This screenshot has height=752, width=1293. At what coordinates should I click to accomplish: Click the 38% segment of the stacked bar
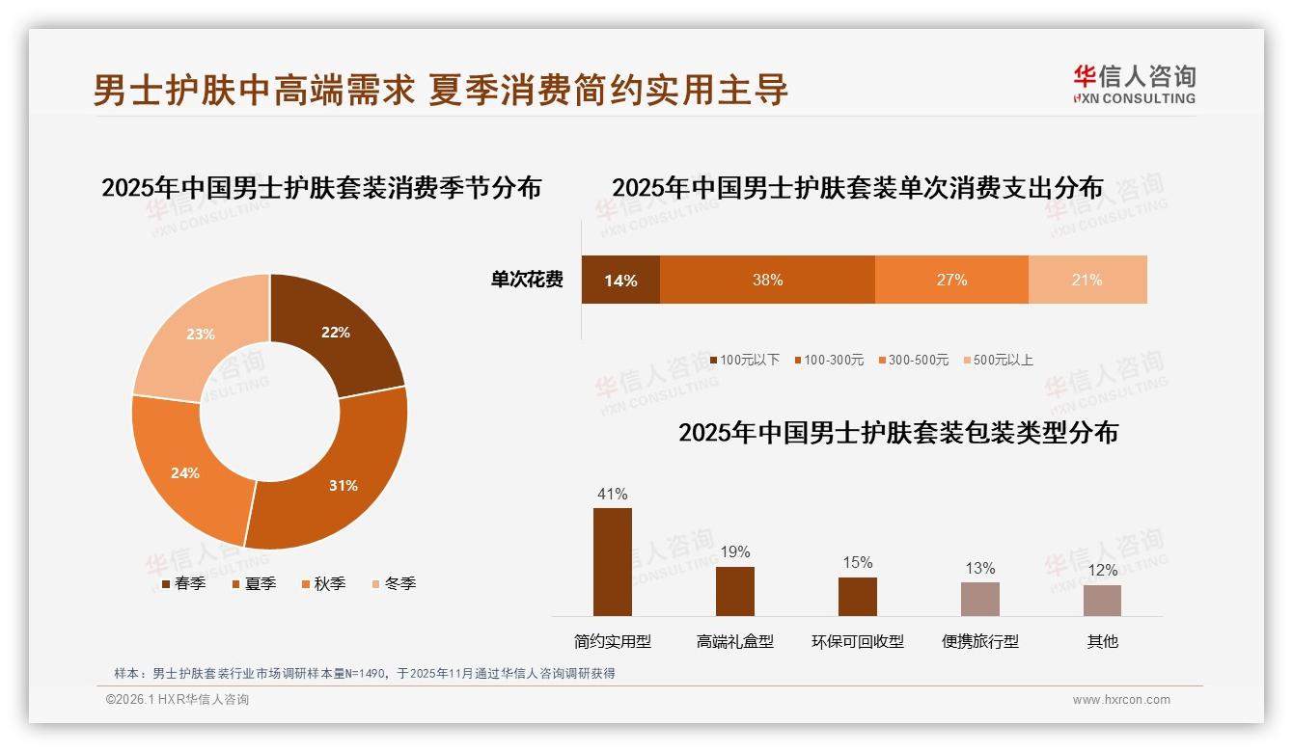(767, 280)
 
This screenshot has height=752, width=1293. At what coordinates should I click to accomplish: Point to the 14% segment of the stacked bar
(620, 280)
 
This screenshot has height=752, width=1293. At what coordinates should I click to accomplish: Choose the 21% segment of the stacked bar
(1087, 280)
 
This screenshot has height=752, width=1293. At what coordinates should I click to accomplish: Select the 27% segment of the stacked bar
(951, 280)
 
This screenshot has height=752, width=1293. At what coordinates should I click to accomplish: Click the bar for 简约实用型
(613, 562)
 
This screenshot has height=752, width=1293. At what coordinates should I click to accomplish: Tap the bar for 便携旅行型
(979, 599)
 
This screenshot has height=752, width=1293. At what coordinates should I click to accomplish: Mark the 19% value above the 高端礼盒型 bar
(735, 552)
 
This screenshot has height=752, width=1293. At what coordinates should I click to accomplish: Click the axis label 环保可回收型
(858, 641)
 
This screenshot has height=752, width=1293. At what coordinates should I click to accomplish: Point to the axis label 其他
(1102, 641)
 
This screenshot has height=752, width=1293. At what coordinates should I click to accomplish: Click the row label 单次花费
(527, 280)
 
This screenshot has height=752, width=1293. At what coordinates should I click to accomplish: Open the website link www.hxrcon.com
(1121, 700)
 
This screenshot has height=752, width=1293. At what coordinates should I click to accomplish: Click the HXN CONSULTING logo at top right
(1134, 84)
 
